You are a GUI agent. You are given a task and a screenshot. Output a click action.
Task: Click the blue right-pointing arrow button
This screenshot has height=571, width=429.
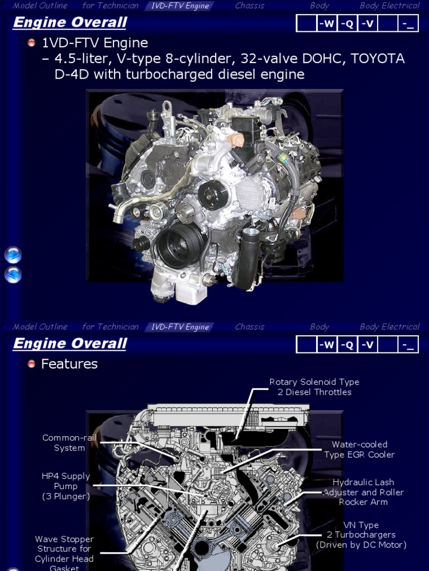13,255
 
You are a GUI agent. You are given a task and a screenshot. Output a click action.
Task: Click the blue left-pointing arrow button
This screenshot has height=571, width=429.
13,274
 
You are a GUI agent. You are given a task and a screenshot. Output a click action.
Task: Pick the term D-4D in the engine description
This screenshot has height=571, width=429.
72,75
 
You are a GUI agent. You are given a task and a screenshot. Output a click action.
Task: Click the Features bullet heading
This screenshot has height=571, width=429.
69,364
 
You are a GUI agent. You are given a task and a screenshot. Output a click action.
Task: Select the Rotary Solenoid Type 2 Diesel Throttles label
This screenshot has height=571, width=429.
314,387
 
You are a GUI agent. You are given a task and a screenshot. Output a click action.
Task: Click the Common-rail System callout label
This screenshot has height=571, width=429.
69,443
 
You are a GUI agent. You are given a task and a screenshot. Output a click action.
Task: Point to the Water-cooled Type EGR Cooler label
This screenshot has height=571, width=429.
359,449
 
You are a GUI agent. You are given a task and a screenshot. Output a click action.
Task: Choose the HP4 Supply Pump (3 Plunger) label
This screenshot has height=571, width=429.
66,486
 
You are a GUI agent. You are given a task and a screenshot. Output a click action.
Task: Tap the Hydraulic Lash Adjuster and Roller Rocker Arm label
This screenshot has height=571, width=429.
363,492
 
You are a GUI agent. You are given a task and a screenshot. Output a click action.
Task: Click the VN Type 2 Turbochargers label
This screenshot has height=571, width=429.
361,535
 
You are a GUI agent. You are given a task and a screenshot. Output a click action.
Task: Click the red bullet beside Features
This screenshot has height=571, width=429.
31,364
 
